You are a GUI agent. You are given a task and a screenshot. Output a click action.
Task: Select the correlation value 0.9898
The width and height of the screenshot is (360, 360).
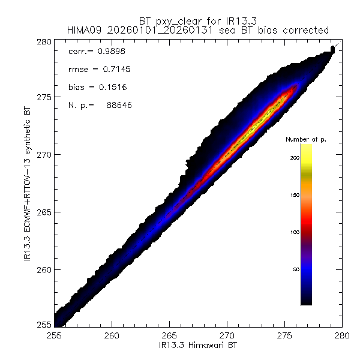click(109, 52)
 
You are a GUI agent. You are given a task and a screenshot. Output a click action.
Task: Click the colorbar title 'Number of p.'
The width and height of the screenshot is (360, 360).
click(305, 139)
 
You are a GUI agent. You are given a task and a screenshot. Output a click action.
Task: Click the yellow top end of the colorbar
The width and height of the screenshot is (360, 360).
click(305, 148)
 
